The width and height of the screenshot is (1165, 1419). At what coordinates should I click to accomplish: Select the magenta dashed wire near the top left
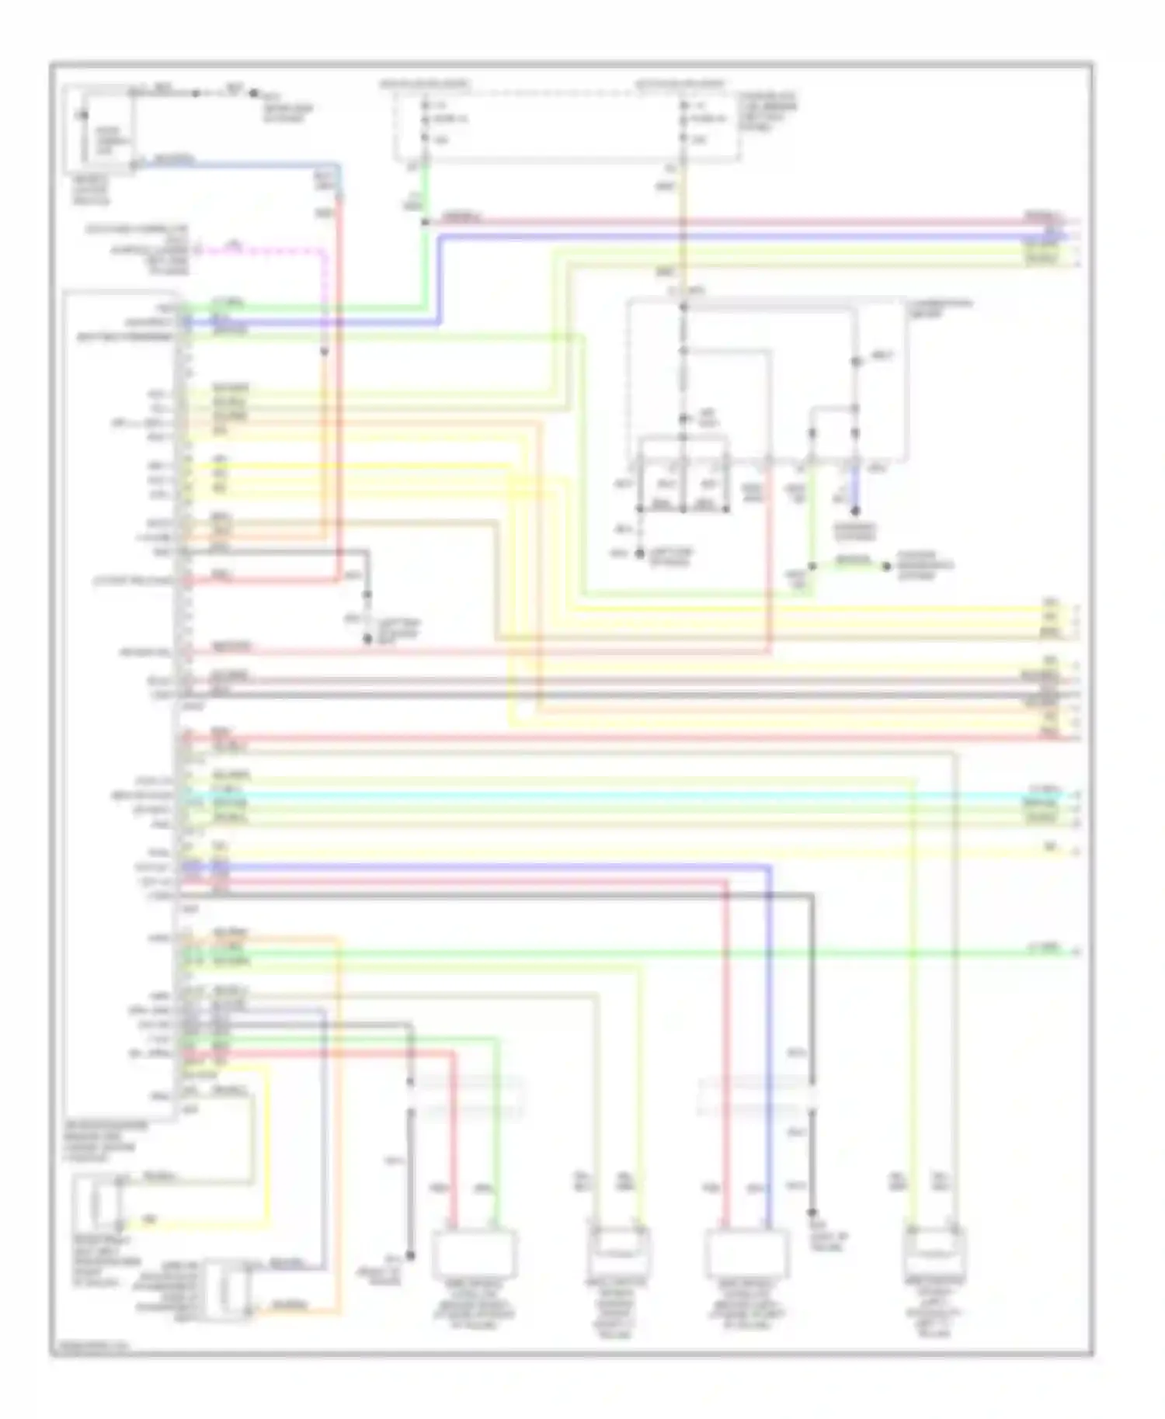[x=264, y=251]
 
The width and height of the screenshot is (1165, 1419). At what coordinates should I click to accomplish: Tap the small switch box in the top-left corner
[x=101, y=130]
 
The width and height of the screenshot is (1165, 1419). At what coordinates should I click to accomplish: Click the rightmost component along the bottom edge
[x=935, y=1251]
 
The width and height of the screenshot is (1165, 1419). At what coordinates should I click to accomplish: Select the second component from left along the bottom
[x=618, y=1251]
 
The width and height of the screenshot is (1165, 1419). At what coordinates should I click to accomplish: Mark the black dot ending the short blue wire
[x=855, y=512]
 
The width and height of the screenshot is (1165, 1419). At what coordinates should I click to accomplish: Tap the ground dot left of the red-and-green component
[x=410, y=1255]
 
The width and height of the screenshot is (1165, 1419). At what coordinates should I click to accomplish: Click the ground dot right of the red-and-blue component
[x=812, y=1212]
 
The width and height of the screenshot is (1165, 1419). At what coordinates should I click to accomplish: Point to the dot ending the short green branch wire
[x=885, y=566]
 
